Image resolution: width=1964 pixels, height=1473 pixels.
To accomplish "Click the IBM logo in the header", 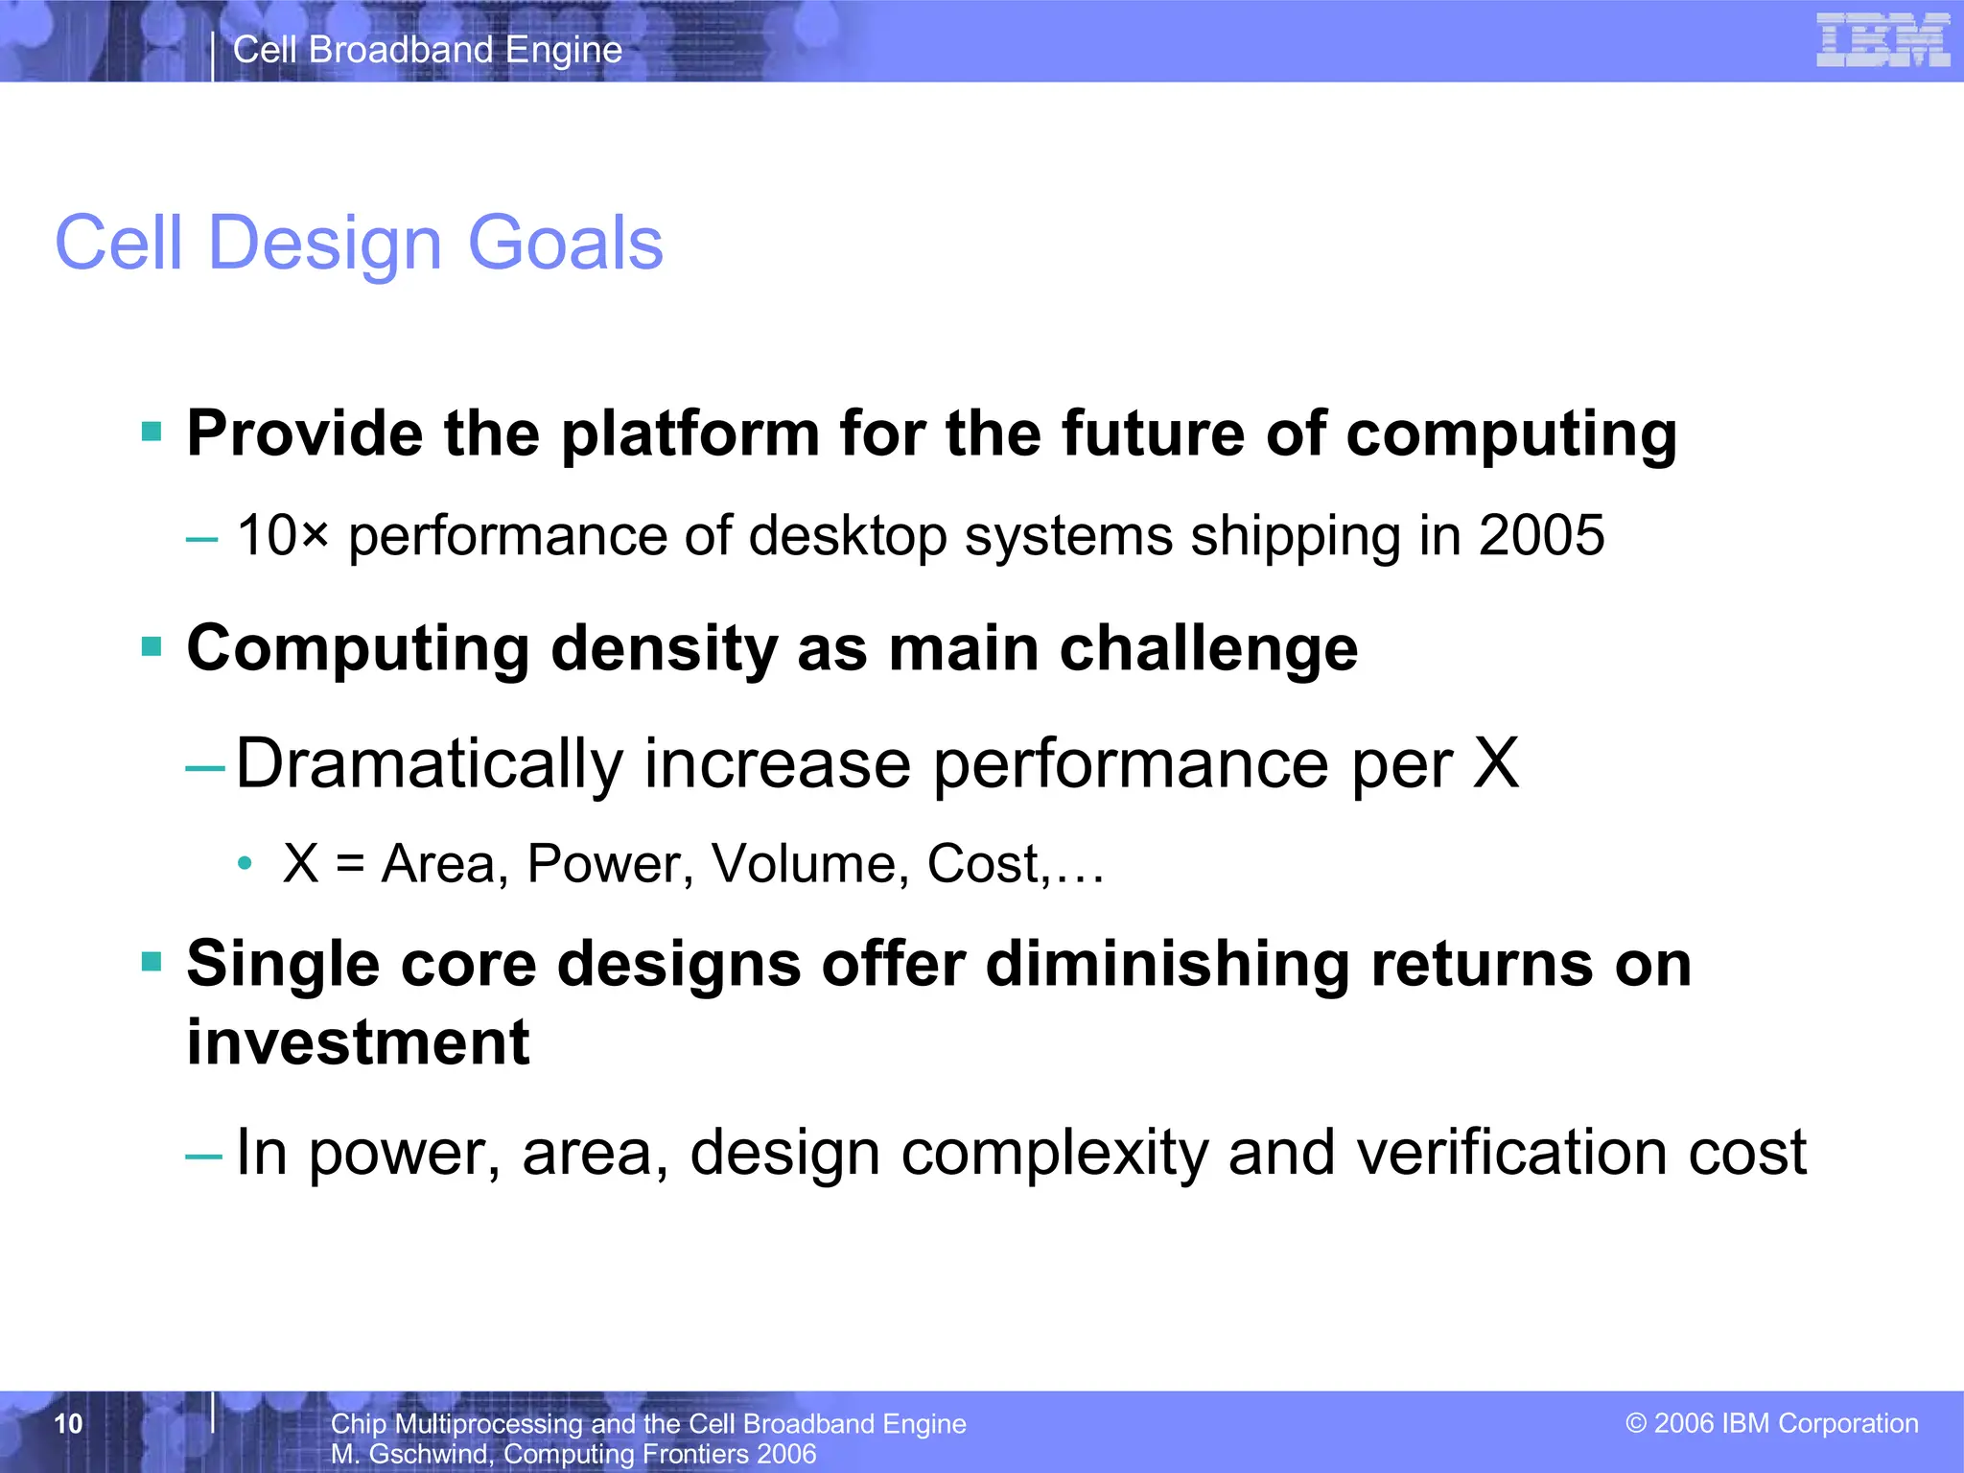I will point(1882,41).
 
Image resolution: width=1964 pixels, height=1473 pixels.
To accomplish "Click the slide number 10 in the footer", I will point(68,1423).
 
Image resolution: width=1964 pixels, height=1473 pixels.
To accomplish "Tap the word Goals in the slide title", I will point(565,244).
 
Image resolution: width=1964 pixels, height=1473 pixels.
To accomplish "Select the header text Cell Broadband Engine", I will point(428,50).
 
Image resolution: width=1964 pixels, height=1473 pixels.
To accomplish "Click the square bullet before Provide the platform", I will point(152,432).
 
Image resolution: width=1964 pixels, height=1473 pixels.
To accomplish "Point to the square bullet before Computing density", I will point(152,646).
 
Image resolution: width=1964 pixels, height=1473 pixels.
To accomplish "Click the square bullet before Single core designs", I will point(152,961).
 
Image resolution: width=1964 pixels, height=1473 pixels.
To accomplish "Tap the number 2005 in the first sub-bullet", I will point(1541,535).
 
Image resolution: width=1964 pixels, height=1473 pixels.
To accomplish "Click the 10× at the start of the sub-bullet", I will point(282,535).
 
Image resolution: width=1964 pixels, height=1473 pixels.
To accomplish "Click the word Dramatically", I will point(429,764).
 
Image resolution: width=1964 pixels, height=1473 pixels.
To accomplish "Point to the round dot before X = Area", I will point(245,864).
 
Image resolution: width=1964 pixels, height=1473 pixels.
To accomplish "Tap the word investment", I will point(358,1042).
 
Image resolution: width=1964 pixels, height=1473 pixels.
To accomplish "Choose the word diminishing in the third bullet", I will point(1167,964).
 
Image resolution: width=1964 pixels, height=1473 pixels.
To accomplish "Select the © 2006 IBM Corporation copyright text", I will point(1771,1423).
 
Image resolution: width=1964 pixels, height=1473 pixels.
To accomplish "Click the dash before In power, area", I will point(204,1155).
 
